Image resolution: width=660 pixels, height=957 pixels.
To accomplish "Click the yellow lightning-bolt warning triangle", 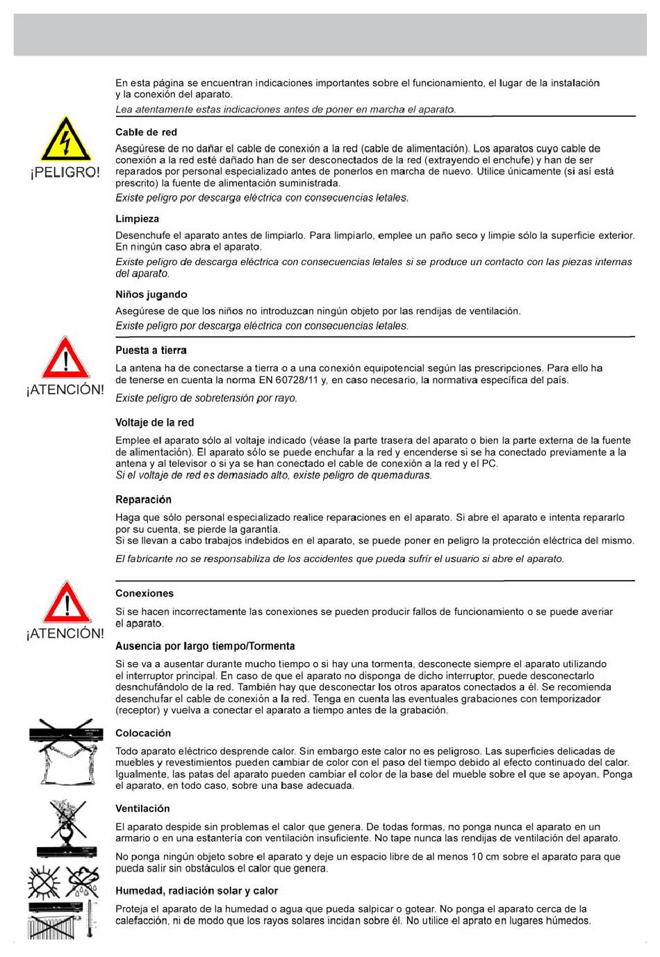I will (65, 140).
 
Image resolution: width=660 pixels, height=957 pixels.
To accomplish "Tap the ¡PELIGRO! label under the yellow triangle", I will (65, 172).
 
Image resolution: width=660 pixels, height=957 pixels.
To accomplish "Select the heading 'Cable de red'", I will (146, 132).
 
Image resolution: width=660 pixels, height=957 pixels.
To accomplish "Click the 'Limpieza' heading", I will (137, 219).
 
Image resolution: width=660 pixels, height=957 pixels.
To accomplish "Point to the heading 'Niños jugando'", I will (151, 294).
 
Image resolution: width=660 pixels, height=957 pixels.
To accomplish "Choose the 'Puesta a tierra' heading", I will (151, 351).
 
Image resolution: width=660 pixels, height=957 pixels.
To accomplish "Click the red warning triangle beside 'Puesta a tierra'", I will (65, 358).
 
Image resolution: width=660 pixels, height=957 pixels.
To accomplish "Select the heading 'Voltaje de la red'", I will (154, 422).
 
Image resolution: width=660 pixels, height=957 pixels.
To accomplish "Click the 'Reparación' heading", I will (143, 499).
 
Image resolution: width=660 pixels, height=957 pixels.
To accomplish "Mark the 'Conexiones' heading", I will (145, 593).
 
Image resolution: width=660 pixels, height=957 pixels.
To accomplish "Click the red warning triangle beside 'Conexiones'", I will (66, 602).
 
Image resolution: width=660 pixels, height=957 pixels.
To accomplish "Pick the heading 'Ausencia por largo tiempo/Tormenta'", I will (205, 646).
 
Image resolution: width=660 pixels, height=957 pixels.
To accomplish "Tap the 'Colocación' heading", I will (143, 733).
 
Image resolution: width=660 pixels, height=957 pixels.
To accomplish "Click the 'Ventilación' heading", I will (142, 808).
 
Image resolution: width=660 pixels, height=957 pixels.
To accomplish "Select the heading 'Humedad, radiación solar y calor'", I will (197, 890).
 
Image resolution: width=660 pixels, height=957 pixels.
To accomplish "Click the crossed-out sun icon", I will (44, 883).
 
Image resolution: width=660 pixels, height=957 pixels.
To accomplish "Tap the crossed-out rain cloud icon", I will (83, 883).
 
